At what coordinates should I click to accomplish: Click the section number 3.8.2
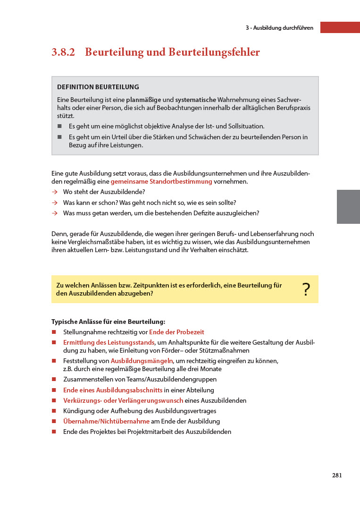coord(63,52)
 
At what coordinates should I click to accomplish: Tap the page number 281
coord(337,475)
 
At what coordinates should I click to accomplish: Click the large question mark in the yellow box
coord(306,289)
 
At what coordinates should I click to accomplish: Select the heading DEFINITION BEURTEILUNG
coord(98,87)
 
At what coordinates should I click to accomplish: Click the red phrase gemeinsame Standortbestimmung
coord(161,182)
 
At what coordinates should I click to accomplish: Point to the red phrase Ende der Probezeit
coord(176,332)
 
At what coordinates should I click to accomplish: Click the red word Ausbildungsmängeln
coord(142,361)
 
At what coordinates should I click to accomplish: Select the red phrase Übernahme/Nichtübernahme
coord(106,422)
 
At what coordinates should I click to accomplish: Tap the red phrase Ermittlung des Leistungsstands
coord(109,343)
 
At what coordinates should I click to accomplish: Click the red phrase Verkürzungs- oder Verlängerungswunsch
coord(123,401)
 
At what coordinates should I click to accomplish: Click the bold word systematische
coord(195,100)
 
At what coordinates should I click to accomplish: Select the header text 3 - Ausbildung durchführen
coord(279,28)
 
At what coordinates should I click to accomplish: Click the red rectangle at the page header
coord(340,27)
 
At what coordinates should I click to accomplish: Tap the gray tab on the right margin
coord(348,207)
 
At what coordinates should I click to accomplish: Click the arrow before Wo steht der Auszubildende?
coord(54,192)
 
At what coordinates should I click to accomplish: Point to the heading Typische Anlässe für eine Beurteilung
coord(108,322)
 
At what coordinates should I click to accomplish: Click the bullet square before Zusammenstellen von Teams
coord(54,380)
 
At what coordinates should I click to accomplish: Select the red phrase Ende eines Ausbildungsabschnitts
coord(113,390)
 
